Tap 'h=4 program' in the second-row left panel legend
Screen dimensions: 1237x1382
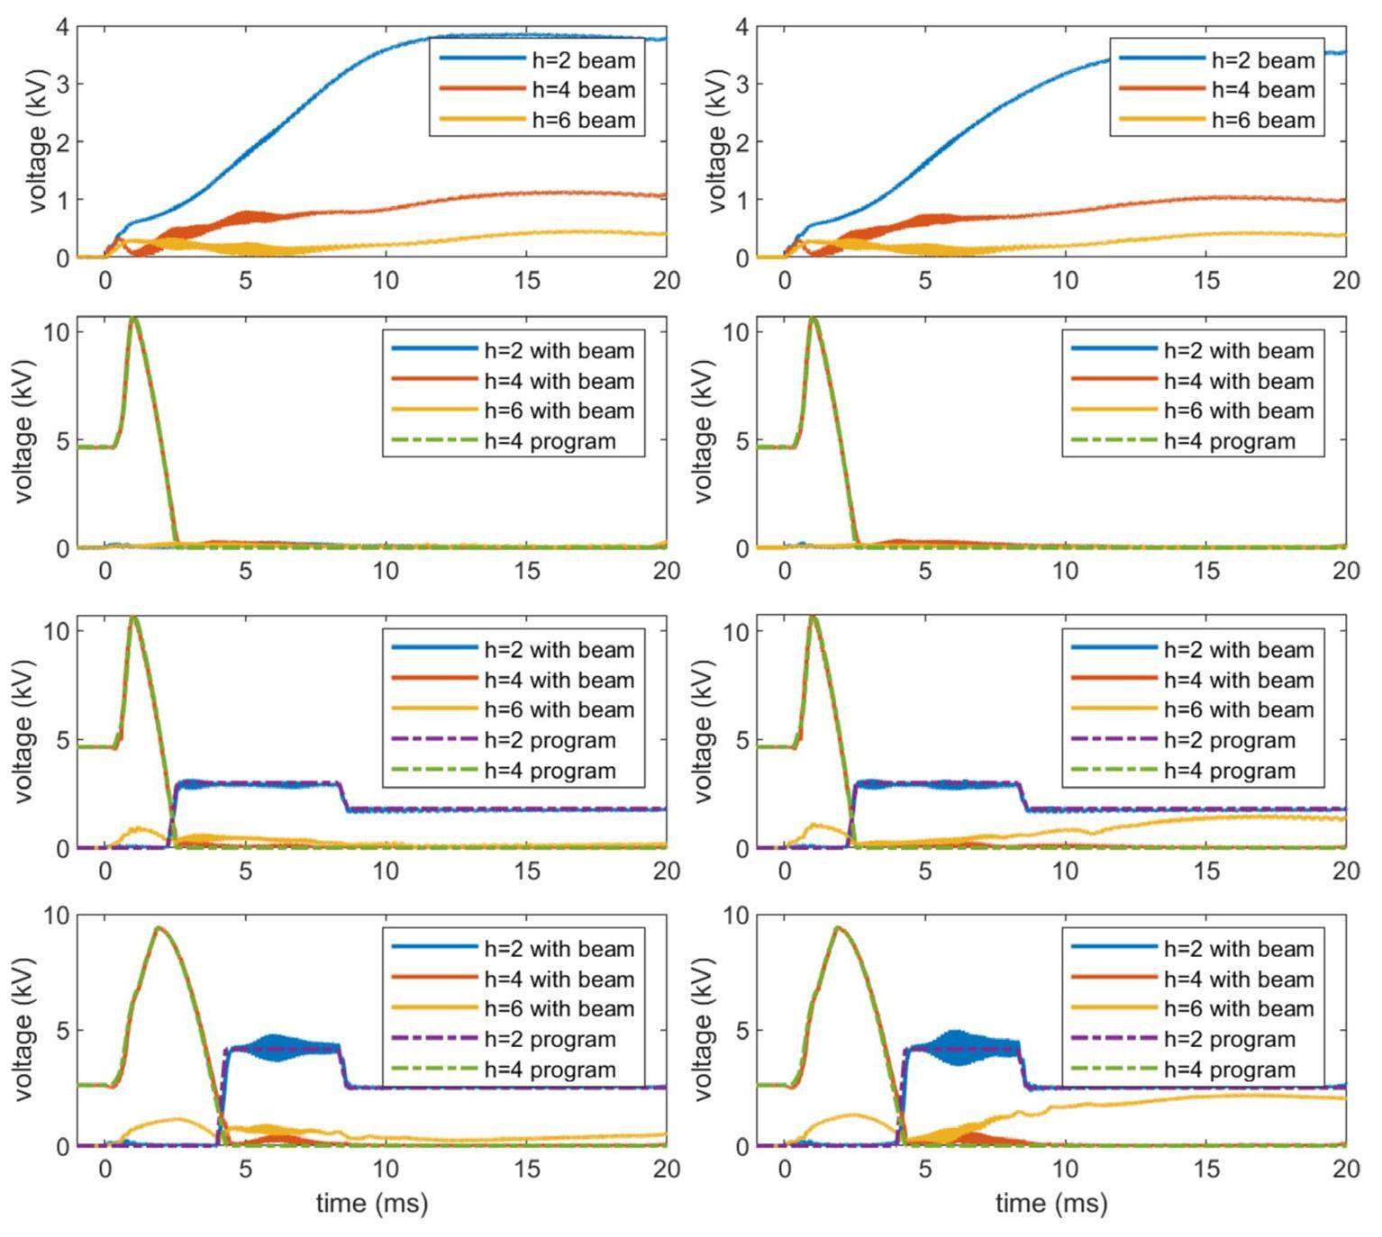[550, 441]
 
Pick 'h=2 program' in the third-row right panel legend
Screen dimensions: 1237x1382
[1229, 740]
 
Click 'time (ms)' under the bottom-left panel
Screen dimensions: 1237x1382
[371, 1203]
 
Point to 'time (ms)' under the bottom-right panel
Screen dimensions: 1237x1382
[1051, 1203]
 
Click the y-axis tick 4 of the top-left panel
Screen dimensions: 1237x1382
[61, 27]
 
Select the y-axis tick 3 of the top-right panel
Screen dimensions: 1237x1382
[741, 85]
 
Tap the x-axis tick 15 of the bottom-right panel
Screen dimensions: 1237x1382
[1206, 1169]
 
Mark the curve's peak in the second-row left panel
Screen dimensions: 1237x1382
[133, 318]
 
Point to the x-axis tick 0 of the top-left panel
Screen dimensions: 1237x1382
[105, 280]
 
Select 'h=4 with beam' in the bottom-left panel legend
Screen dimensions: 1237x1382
[559, 979]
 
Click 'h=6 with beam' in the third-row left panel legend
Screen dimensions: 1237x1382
[559, 709]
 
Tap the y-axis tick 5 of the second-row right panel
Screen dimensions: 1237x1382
[741, 441]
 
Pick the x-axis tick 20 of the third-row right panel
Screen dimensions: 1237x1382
[1346, 871]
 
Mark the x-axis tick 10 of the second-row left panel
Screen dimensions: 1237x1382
[386, 571]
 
